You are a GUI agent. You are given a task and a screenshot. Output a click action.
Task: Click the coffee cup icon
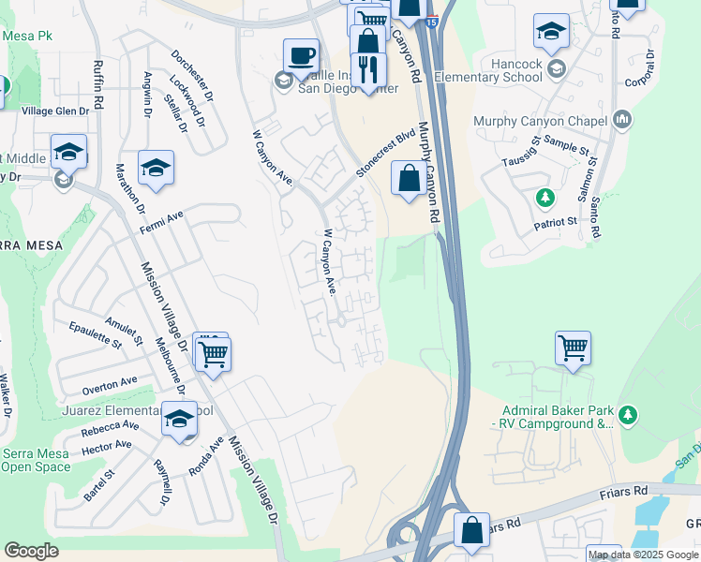pyautogui.click(x=301, y=55)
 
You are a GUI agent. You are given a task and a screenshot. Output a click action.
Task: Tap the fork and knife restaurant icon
pyautogui.click(x=368, y=69)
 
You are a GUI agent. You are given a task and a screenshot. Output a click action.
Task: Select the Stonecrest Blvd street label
pyautogui.click(x=385, y=155)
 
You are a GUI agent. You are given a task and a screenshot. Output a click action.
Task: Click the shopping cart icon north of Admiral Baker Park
pyautogui.click(x=573, y=348)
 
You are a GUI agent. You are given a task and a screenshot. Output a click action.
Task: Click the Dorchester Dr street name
pyautogui.click(x=194, y=71)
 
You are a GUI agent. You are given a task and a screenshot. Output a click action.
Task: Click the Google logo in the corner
pyautogui.click(x=31, y=551)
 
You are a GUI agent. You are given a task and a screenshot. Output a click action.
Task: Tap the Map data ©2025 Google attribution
pyautogui.click(x=643, y=555)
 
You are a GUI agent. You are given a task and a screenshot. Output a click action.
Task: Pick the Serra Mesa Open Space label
pyautogui.click(x=35, y=460)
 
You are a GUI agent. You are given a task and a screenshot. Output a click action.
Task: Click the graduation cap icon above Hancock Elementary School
pyautogui.click(x=552, y=31)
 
